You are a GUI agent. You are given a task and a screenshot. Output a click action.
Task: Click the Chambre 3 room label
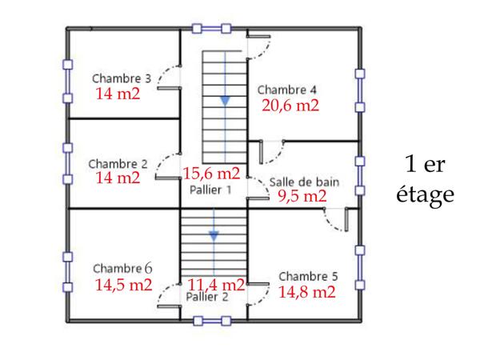pos(122,78)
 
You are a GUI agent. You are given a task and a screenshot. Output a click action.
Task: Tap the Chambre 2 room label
pos(118,162)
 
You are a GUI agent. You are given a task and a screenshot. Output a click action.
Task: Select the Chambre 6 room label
pos(122,268)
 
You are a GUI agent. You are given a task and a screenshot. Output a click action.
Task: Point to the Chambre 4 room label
pos(287,89)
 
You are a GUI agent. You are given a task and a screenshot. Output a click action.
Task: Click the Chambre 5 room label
pos(308,276)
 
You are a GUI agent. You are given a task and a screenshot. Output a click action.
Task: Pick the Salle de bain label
pos(304,182)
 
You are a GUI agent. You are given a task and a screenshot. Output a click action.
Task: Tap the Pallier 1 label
pos(210,190)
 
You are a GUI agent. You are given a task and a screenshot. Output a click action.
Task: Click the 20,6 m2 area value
pos(290,105)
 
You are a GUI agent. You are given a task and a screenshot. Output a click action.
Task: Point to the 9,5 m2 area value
pos(302,196)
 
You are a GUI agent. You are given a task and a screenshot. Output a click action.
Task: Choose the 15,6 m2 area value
pos(211,174)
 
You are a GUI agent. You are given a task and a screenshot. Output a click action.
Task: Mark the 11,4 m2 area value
pos(216,284)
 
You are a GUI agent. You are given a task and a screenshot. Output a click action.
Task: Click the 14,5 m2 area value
pos(123,284)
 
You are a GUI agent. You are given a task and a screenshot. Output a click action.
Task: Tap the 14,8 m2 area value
pos(306,292)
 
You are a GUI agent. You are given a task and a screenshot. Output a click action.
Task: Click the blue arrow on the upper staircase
pos(225,100)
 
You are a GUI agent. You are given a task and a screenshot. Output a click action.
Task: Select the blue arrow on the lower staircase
pos(214,236)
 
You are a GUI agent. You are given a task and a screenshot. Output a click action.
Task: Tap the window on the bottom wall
pos(214,322)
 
